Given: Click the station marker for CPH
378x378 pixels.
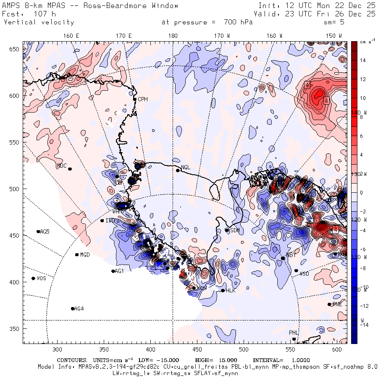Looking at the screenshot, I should [135, 99].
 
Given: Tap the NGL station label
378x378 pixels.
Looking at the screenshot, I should [186, 168].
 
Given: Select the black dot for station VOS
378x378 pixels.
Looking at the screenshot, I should [34, 278].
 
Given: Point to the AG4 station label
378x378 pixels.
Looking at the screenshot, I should [79, 309].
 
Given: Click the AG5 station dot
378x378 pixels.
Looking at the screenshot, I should [38, 231].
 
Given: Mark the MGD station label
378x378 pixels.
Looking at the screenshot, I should [85, 255].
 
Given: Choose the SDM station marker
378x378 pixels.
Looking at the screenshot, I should [227, 230].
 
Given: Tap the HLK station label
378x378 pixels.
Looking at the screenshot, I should [231, 291].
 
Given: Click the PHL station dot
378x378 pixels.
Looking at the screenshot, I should [294, 339].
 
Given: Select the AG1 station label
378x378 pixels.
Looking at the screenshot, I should [120, 271].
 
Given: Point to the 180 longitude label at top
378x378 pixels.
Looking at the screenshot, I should [173, 36].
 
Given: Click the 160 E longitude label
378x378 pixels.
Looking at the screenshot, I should [71, 36].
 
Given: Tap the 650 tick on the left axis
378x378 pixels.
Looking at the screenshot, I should [16, 49].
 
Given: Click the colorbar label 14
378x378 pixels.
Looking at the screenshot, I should [363, 60].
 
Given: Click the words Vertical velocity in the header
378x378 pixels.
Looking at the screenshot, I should [39, 22].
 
